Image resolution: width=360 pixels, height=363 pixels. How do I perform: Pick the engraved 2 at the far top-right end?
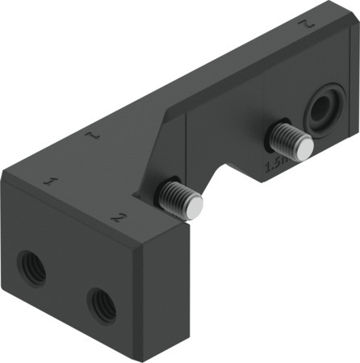(x=304, y=25)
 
